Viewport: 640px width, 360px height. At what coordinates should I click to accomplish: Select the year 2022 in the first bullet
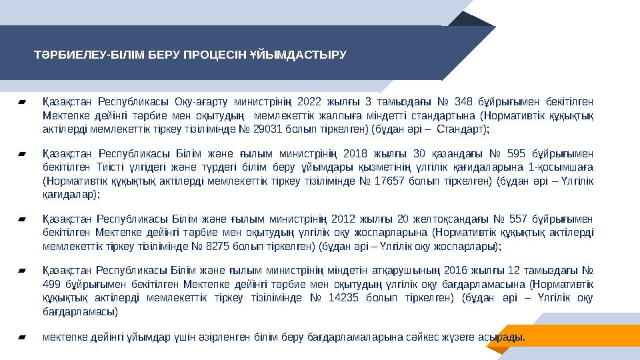pyautogui.click(x=309, y=102)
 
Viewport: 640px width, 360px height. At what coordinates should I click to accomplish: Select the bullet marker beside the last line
pyautogui.click(x=23, y=337)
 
